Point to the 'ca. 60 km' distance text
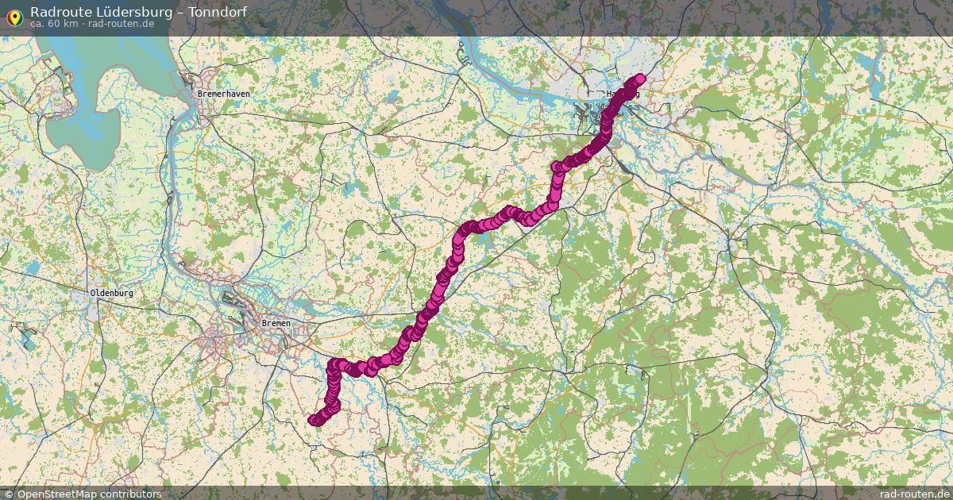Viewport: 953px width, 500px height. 54,24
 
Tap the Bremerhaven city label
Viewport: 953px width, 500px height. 223,94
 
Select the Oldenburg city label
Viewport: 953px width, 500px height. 112,293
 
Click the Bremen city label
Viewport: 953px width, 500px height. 276,324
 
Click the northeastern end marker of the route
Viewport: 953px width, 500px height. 640,79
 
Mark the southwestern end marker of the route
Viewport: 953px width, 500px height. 314,421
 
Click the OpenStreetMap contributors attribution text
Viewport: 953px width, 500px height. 89,494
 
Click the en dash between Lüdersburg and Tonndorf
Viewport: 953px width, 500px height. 178,11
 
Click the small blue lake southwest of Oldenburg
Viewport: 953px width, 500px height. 28,340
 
